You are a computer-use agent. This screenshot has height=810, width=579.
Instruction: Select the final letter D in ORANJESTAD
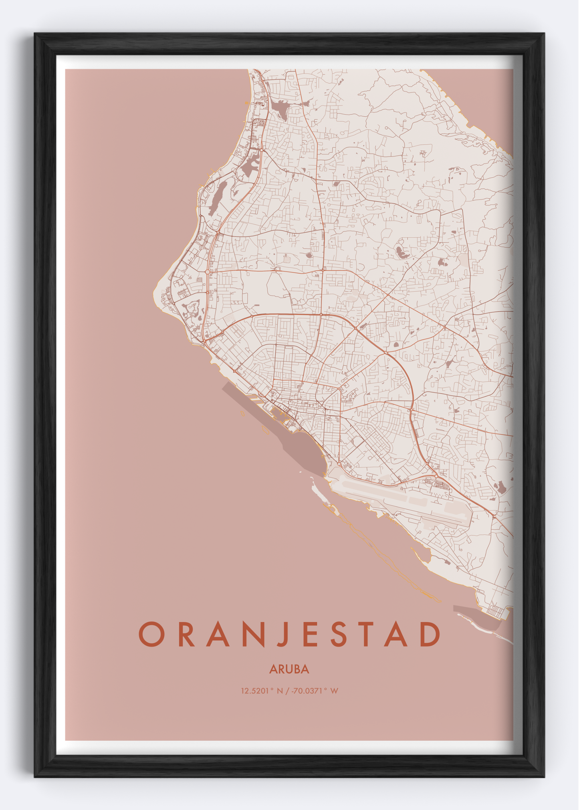coord(430,634)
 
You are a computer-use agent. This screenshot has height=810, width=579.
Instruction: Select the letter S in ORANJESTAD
coord(339,634)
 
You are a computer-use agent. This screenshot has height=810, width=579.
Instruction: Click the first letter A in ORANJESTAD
coord(218,634)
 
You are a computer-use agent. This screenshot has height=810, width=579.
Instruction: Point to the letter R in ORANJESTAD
coord(186,634)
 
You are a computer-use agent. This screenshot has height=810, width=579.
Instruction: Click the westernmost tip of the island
coord(154,294)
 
